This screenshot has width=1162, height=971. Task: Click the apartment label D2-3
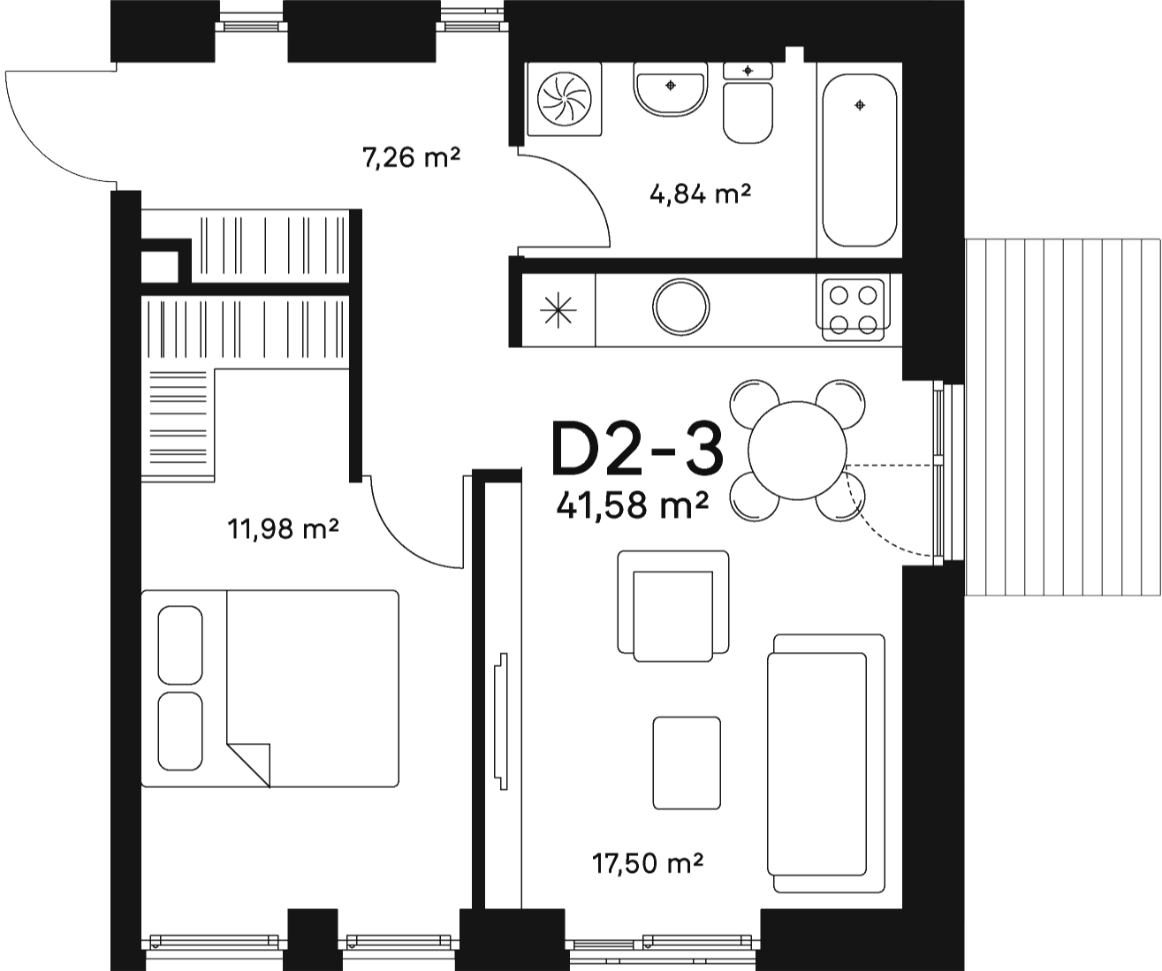point(637,449)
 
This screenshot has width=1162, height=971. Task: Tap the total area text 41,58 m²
point(632,505)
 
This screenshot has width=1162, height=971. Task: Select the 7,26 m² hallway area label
point(411,157)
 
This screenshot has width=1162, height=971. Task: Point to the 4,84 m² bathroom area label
point(700,194)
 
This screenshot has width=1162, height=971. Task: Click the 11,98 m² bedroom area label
point(284,528)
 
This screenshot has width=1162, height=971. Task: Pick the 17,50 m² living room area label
point(647,863)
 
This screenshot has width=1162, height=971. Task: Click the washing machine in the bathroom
point(565,99)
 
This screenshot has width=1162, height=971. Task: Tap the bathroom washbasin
point(671,89)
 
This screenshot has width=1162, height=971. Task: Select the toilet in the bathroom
point(748,103)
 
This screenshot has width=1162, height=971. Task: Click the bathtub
point(859,160)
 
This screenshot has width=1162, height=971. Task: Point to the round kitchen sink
point(681,307)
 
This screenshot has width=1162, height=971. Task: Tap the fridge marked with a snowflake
point(558,310)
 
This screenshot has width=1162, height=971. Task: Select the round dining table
point(797,451)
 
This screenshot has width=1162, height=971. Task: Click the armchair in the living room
point(673,606)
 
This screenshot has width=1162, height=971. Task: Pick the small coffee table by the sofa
point(687,762)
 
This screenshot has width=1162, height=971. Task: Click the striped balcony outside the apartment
point(1063,417)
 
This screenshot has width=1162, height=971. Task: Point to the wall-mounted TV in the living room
point(502,721)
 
